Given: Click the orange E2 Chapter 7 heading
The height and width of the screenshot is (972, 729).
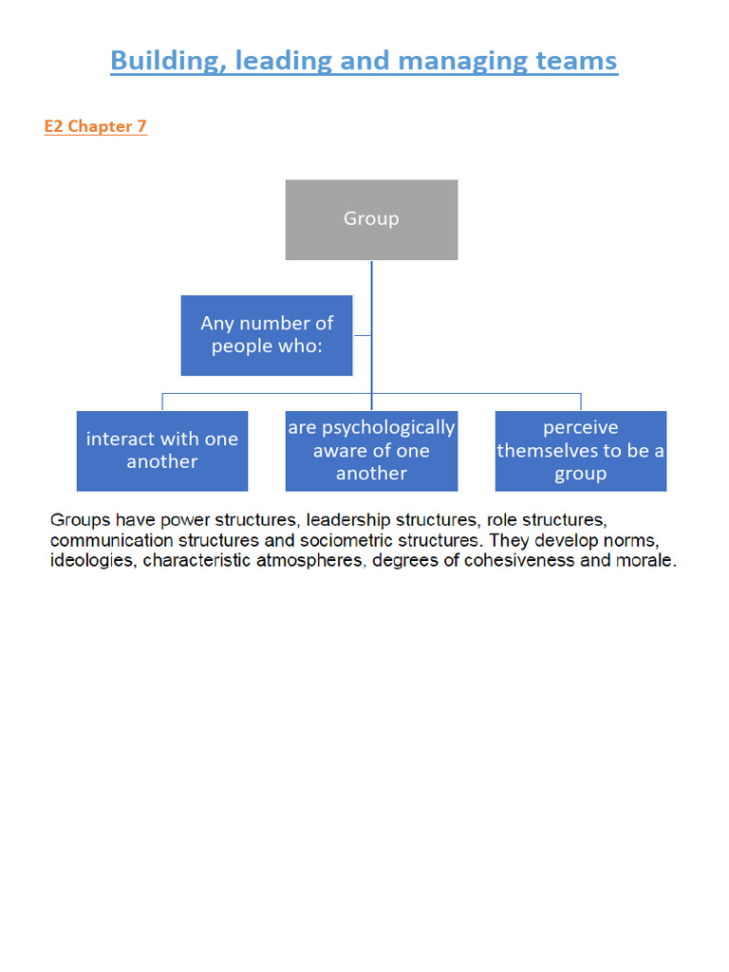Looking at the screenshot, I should pos(95,126).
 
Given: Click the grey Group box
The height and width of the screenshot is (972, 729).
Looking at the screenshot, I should pos(371,219).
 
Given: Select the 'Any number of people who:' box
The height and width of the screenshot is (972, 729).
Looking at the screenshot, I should pos(267,335).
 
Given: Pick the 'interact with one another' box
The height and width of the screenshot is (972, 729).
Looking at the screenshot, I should pos(162,451).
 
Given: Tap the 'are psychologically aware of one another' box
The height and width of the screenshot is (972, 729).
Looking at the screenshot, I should pos(371,451).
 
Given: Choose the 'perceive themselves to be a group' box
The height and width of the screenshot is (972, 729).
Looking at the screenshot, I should pos(580,451).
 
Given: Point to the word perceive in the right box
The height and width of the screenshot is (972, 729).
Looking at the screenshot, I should pos(580,428).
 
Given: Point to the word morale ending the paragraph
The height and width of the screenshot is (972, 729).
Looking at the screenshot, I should pos(649,560).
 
